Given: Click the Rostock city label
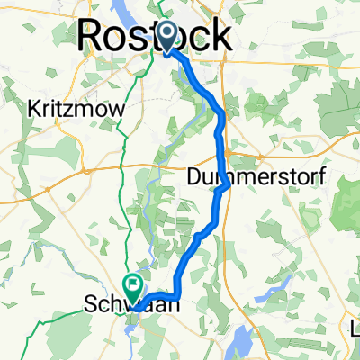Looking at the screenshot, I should (153, 36).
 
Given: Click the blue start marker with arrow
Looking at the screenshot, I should (168, 38).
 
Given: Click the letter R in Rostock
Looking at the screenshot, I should (91, 37).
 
